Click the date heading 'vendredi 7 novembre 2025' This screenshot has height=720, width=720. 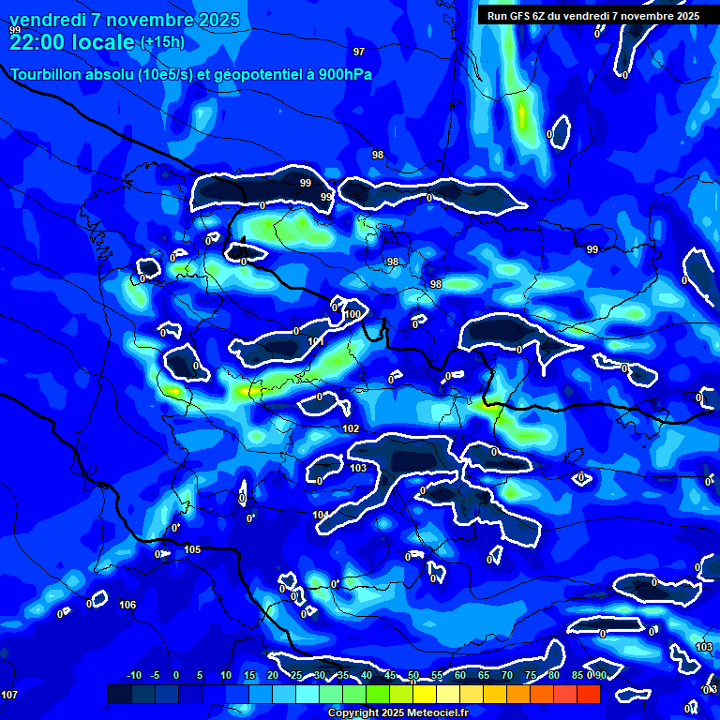coord(125,20)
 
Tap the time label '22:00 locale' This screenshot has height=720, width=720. coord(71,41)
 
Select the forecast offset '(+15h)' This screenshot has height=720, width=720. coord(162,42)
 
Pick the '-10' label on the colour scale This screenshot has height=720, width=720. coord(133,675)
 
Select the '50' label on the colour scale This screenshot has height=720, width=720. coord(413,675)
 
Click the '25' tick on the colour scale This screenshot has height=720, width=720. coord(296,675)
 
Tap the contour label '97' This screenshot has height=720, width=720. coord(359,52)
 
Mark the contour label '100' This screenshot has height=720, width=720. coord(352,315)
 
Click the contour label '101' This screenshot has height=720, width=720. coord(316,342)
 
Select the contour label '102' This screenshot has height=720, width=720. coord(351,428)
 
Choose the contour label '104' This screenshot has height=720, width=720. coord(321,515)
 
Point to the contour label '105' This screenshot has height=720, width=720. coord(192,549)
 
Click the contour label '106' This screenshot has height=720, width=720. coord(127,605)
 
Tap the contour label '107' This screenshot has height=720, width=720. coord(9,695)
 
